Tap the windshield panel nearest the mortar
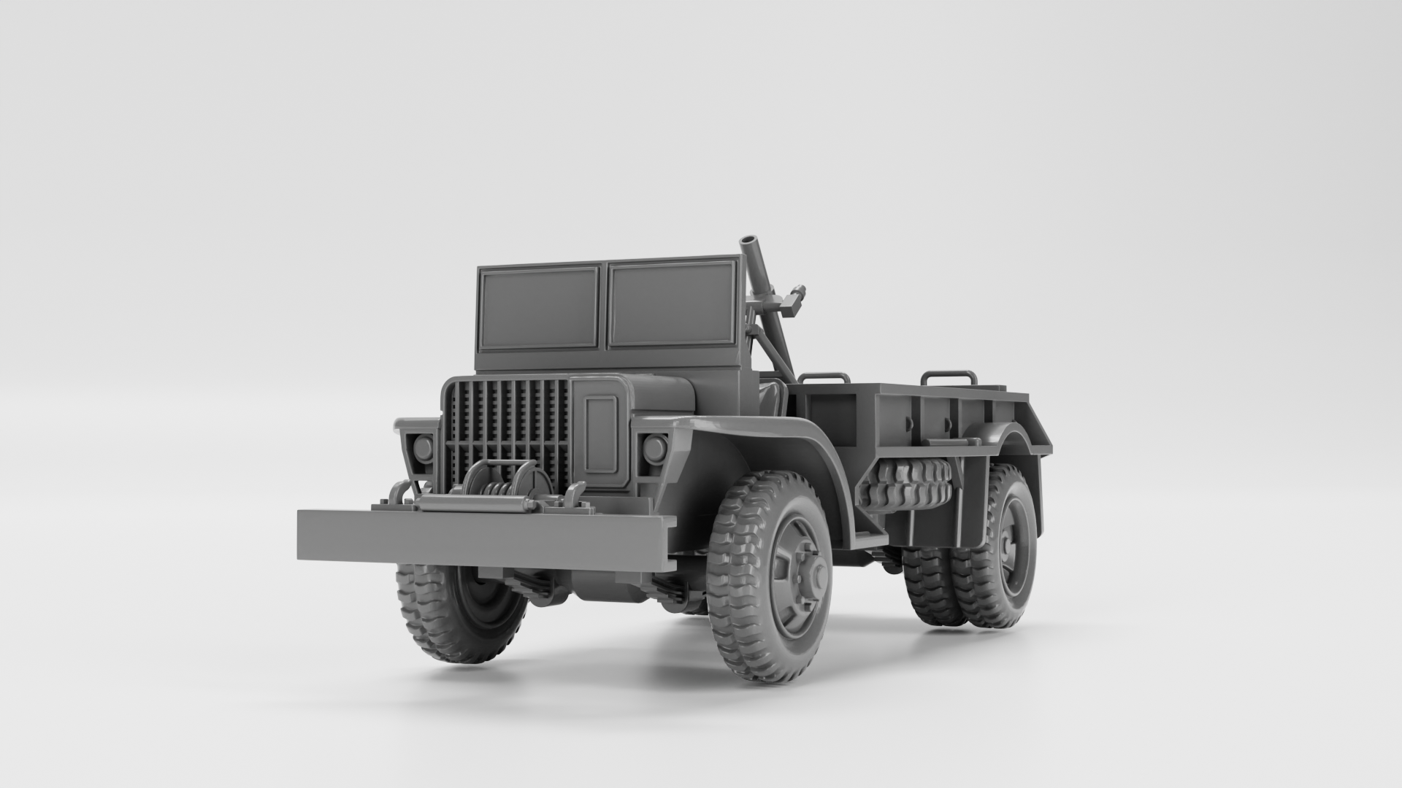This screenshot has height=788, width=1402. [x=671, y=304]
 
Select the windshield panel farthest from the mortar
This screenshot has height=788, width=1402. [x=538, y=307]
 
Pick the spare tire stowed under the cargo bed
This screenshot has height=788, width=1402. [x=905, y=484]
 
